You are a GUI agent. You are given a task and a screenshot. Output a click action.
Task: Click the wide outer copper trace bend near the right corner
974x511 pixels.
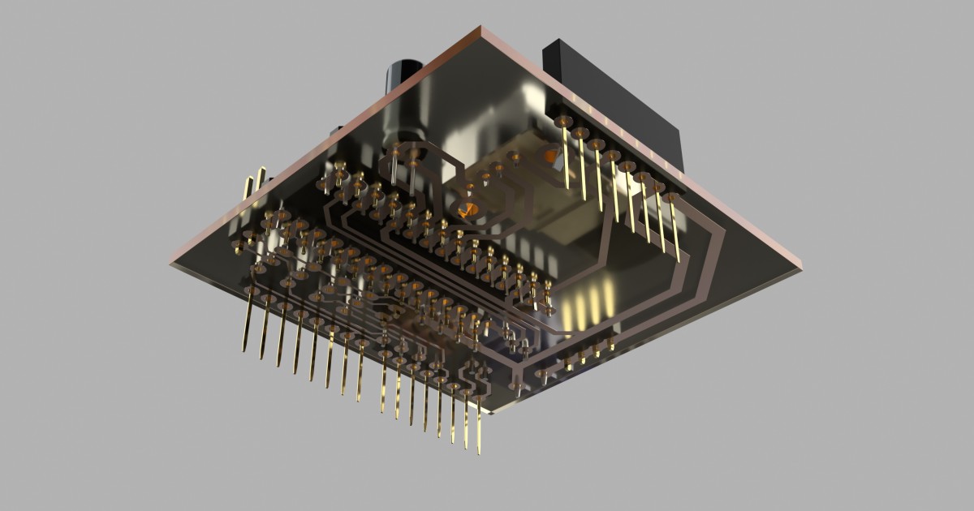714,243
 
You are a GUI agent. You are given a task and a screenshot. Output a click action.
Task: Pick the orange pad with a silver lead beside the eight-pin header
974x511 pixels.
551,156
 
